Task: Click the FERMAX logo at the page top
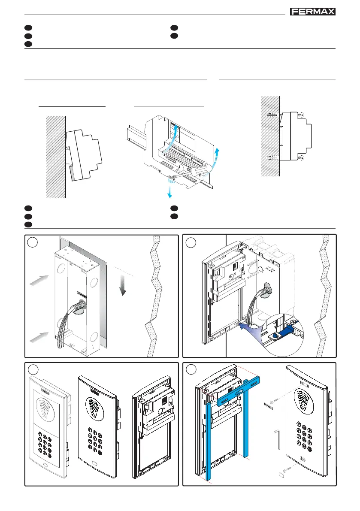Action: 313,12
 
